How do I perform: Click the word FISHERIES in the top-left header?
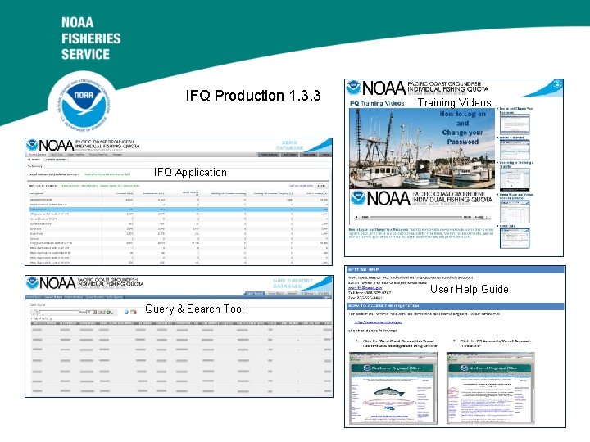(90, 38)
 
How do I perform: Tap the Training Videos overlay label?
(455, 104)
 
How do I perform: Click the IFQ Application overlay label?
(190, 172)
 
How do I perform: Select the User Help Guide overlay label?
(470, 289)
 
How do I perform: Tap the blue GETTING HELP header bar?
(455, 269)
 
